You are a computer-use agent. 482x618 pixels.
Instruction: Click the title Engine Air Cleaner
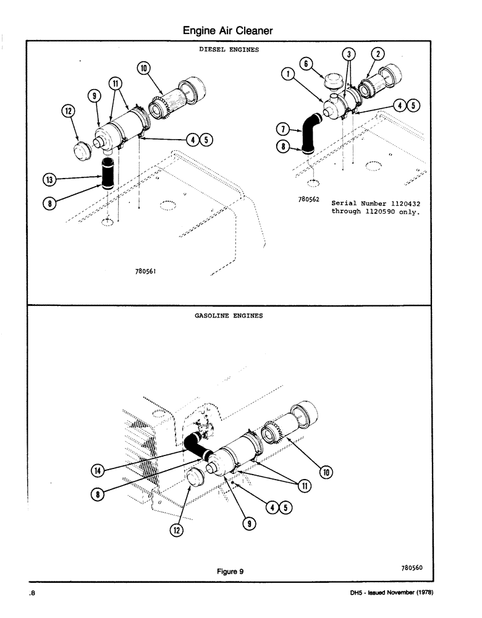[x=228, y=30]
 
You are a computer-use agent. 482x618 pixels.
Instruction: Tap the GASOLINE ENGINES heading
[x=229, y=315]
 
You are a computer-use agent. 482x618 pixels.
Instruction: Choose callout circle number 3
[x=350, y=54]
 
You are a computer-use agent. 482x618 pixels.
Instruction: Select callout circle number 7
[x=283, y=129]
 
